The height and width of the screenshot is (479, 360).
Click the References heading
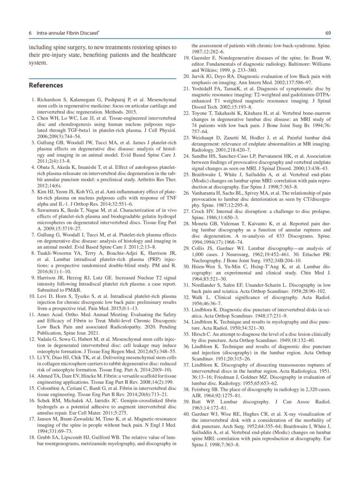coord(46,85)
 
